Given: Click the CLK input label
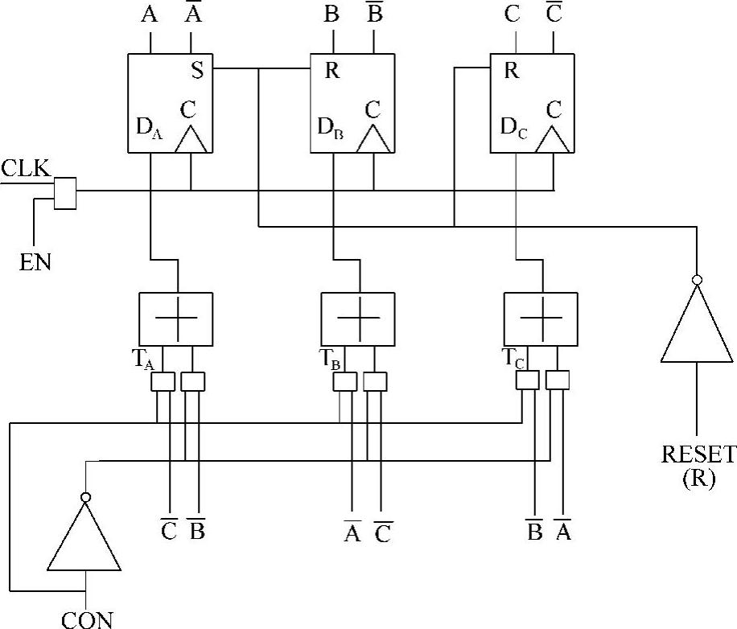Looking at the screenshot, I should pos(25,169).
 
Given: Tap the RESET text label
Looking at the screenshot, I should pos(698,454).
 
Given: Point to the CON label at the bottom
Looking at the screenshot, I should pos(87,619).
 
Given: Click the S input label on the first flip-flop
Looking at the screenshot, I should pos(196,70).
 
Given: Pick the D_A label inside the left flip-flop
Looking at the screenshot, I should pos(150,129).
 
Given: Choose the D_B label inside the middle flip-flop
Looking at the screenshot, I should pos(331,128).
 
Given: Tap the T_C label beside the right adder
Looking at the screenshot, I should pos(513,359).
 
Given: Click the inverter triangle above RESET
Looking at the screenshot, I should pos(697,326).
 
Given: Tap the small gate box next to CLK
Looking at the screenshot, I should pos(64,193).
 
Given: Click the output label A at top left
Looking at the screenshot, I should pos(150,16).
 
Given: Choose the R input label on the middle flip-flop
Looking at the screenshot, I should pos(332,70).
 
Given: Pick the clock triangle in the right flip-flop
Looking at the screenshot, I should pos(554,138).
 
